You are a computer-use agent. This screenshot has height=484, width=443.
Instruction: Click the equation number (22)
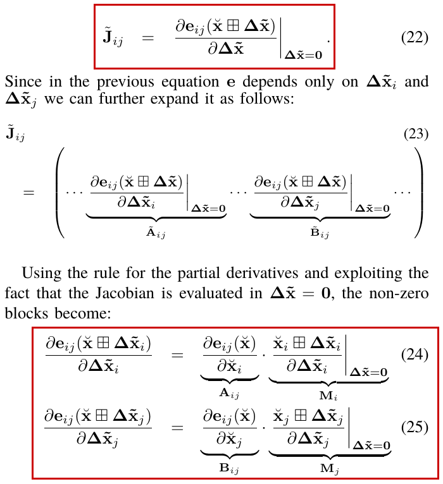click(x=415, y=38)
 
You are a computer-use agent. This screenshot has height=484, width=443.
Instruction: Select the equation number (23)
click(x=416, y=134)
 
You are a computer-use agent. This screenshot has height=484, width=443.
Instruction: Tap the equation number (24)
click(x=415, y=354)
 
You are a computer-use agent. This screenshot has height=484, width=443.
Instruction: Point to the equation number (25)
click(x=415, y=427)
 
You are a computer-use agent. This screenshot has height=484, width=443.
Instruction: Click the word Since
click(x=23, y=82)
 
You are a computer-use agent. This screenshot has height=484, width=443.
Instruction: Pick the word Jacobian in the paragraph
click(x=124, y=293)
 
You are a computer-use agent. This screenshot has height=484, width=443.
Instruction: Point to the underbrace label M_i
click(x=328, y=396)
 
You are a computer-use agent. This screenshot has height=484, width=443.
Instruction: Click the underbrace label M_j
click(x=330, y=469)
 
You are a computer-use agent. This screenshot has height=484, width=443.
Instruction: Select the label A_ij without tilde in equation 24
click(x=229, y=394)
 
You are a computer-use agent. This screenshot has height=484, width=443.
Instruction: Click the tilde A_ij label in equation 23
click(x=156, y=233)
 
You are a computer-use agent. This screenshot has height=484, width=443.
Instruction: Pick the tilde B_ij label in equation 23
click(x=320, y=233)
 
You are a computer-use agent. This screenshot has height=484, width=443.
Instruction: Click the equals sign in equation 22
click(x=147, y=38)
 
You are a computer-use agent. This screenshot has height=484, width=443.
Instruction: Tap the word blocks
click(x=27, y=313)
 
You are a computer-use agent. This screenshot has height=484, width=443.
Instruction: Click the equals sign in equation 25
click(x=177, y=428)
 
